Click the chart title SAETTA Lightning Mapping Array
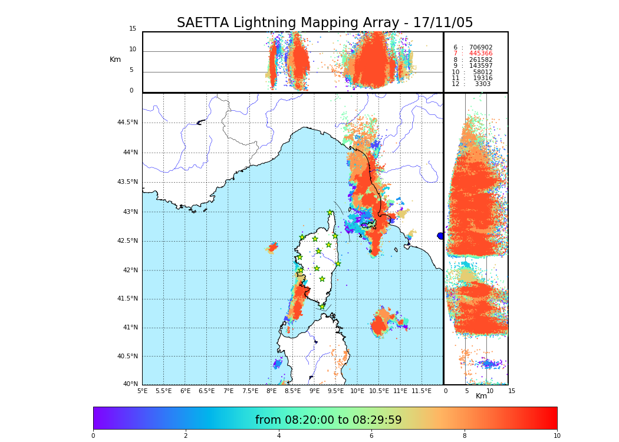(x=325, y=23)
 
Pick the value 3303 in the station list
(x=482, y=84)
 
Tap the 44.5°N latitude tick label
(x=127, y=123)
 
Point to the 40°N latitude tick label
(x=130, y=384)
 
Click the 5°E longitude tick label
(x=142, y=391)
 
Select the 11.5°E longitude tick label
(x=422, y=391)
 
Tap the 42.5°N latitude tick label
(x=127, y=240)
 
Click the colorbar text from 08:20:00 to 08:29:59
(x=328, y=420)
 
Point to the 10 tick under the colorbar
(x=557, y=436)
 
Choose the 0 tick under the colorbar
(x=93, y=436)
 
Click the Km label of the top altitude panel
(x=115, y=60)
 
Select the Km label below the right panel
(x=481, y=396)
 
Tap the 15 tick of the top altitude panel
(x=133, y=29)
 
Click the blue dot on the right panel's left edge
(x=440, y=236)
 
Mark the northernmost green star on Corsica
(x=330, y=213)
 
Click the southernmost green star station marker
(x=322, y=306)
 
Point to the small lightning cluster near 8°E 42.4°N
(x=272, y=248)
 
